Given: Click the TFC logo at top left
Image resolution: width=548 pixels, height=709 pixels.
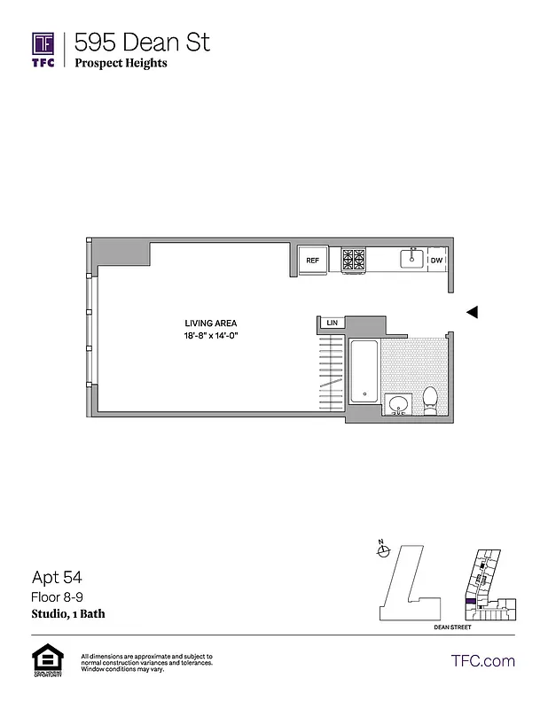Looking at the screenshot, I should [x=43, y=50].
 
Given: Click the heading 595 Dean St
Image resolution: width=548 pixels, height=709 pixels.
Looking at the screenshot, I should [x=142, y=42].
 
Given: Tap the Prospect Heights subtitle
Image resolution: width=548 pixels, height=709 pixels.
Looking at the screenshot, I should [x=121, y=64].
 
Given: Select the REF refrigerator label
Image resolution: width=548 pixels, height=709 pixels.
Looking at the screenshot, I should [x=312, y=261].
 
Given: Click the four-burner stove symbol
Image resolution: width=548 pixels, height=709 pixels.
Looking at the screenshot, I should [x=354, y=259].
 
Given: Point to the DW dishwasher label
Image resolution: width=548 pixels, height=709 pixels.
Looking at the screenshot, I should [x=436, y=261].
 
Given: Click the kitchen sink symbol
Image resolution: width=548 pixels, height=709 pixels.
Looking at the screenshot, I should [x=411, y=258].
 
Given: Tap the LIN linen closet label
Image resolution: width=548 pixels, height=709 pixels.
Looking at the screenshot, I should [x=333, y=323].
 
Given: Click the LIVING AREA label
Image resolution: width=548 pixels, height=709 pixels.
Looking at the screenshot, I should [x=210, y=323].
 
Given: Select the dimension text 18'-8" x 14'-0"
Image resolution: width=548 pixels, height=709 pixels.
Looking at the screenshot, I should [x=210, y=335].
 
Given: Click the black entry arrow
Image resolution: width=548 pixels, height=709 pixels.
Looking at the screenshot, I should [x=473, y=312].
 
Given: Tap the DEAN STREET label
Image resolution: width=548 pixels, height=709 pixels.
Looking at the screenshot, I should [x=451, y=627].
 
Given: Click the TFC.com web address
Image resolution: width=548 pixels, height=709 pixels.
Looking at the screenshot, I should [x=482, y=661].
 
